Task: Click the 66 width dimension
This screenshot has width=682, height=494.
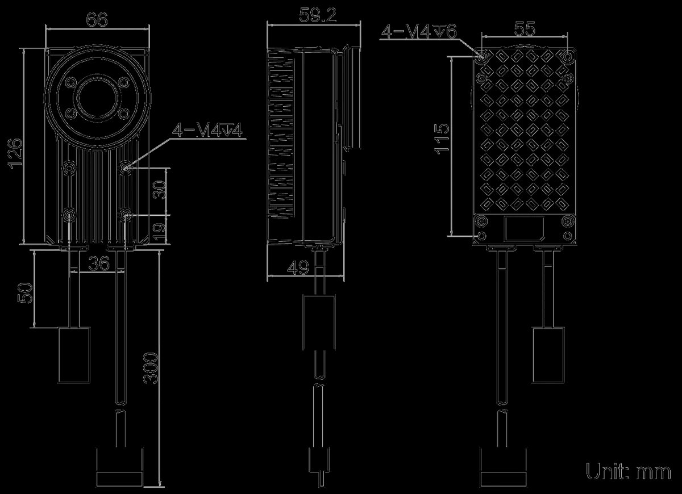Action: [97, 20]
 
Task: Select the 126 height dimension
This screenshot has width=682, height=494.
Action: [15, 152]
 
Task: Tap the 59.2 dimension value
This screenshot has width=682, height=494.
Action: [318, 15]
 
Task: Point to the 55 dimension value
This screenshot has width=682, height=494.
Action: [525, 29]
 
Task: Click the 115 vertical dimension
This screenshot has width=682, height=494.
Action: [442, 139]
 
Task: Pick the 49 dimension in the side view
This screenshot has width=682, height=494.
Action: [298, 267]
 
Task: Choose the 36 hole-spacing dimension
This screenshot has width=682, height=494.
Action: [99, 263]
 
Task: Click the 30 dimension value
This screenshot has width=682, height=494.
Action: [160, 190]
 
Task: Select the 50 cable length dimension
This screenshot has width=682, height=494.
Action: [25, 293]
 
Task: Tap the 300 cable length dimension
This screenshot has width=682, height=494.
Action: [151, 368]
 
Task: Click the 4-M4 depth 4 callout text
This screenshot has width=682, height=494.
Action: [207, 130]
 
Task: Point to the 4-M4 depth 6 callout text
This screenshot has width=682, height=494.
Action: [419, 31]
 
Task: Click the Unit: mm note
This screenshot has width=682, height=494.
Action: [629, 471]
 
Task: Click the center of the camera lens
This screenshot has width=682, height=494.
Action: [97, 98]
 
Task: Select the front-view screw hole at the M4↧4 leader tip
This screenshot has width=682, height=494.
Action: [126, 168]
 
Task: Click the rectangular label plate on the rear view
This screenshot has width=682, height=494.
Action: [524, 229]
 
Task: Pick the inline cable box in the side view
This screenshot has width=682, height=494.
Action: [319, 322]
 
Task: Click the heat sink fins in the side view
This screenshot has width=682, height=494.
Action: [281, 134]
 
